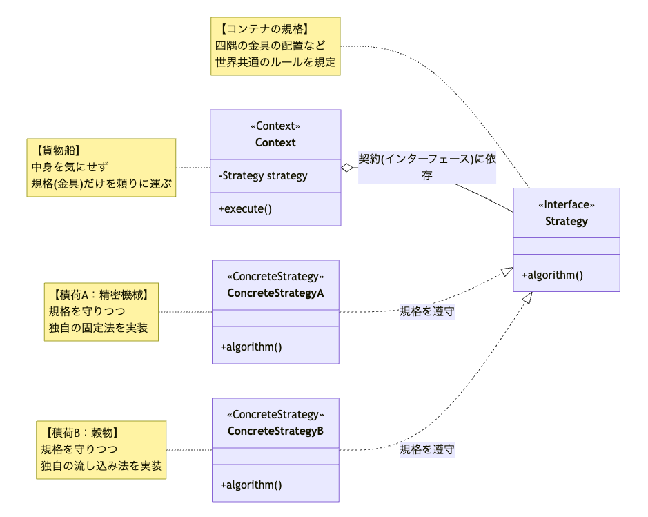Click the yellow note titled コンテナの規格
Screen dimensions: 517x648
(275, 46)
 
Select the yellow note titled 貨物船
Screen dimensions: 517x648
(101, 168)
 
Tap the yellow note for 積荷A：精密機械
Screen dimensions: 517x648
(101, 311)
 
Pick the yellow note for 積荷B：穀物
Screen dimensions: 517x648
(101, 450)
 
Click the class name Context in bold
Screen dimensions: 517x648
(275, 143)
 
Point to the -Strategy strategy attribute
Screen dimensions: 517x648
(263, 176)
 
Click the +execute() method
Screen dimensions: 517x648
(245, 208)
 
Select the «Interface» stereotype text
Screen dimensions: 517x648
(566, 205)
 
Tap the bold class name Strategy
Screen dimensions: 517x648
(566, 222)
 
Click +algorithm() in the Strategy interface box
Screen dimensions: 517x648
(552, 275)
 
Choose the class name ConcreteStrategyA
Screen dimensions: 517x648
(275, 293)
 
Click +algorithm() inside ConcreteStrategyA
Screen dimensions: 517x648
(251, 347)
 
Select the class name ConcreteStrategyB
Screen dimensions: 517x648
(275, 431)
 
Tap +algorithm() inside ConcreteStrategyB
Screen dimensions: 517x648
(251, 485)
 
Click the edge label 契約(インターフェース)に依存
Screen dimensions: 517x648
(427, 167)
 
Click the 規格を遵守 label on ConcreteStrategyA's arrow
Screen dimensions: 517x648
(427, 312)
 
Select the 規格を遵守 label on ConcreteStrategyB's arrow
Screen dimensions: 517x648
(427, 450)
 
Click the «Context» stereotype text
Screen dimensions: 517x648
(275, 127)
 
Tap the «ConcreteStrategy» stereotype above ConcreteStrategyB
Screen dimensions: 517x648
(275, 415)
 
